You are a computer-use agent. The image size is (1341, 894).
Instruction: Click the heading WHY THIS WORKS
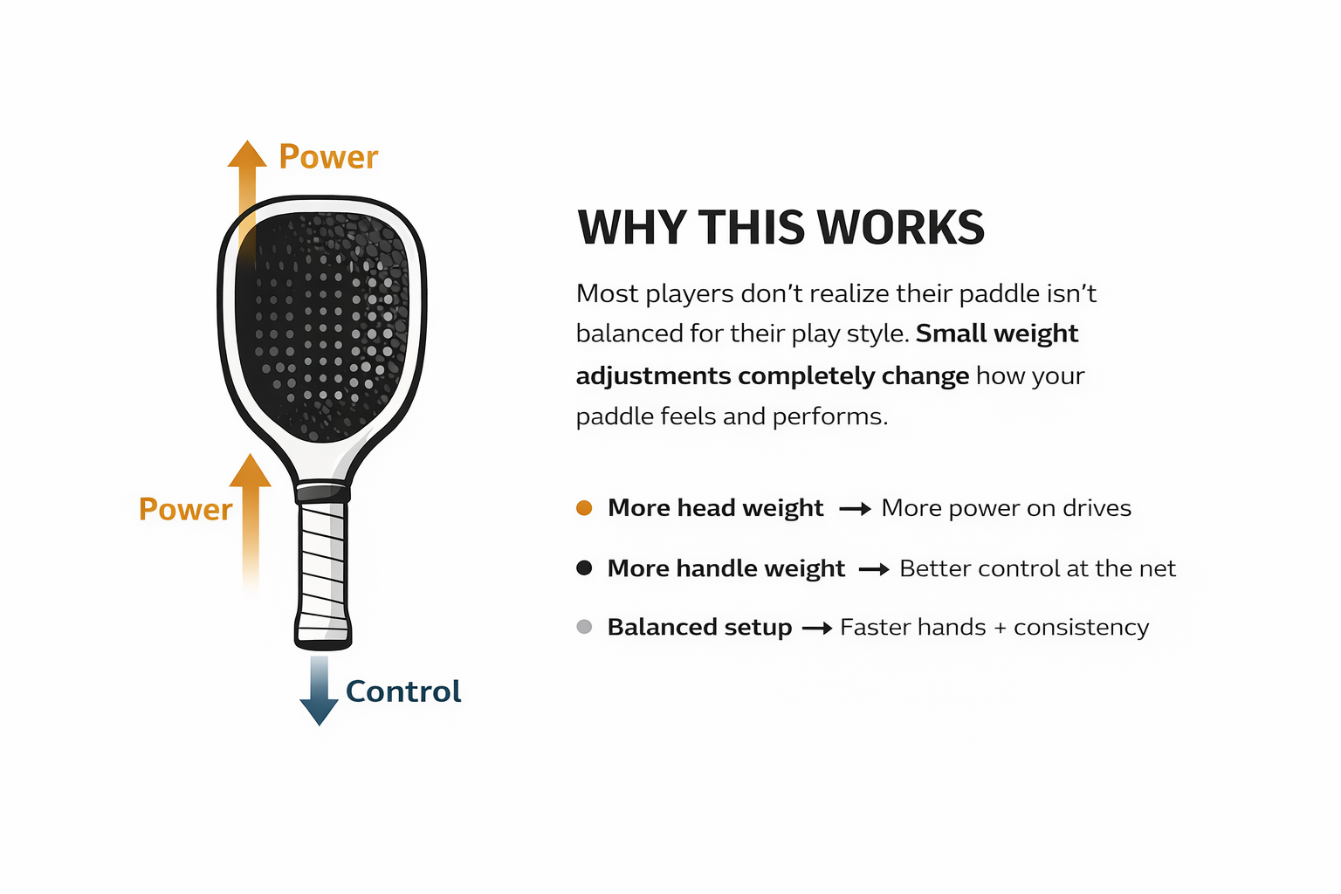point(781,227)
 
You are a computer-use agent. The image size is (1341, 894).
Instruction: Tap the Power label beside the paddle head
point(328,157)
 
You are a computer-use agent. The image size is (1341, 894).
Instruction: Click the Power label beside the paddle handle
point(186,510)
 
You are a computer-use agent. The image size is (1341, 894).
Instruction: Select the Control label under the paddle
point(402,691)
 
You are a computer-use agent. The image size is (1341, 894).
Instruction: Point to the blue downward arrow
point(319,691)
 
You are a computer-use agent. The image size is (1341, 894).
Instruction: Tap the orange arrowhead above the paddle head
point(247,154)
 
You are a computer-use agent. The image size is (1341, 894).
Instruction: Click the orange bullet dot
point(584,508)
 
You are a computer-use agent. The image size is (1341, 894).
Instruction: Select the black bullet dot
point(584,567)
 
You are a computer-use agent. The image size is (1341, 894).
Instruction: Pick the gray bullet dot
point(584,627)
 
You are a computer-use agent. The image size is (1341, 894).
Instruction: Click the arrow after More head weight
point(855,509)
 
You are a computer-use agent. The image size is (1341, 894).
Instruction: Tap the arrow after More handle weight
point(874,569)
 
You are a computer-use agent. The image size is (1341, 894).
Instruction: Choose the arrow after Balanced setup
point(817,628)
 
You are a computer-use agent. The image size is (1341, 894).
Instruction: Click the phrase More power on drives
point(1007,508)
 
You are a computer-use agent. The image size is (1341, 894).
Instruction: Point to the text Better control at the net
point(1037,567)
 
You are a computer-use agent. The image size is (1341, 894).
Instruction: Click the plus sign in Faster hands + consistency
point(1000,628)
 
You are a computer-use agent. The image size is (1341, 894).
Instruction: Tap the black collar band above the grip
point(323,493)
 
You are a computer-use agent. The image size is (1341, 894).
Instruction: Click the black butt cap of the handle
point(323,645)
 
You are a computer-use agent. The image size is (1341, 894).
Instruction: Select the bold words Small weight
point(997,334)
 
